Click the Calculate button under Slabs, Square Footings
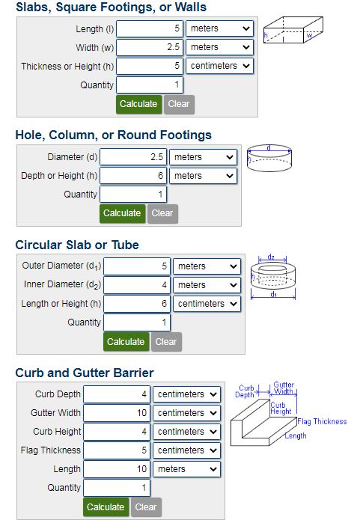(x=138, y=104)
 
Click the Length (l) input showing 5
(x=149, y=28)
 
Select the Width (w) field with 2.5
(x=149, y=47)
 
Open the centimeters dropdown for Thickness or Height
(x=219, y=66)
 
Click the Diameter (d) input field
(x=133, y=157)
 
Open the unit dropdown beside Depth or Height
(x=203, y=176)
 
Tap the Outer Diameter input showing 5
(x=137, y=266)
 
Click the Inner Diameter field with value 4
(x=137, y=285)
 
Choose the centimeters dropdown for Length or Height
(x=207, y=304)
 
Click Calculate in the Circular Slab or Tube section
(x=126, y=342)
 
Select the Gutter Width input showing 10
(x=117, y=413)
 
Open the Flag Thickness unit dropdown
(x=186, y=450)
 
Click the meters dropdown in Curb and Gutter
(x=186, y=469)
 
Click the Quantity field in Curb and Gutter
(x=117, y=488)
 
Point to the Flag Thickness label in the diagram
(x=322, y=421)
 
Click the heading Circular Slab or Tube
(x=77, y=245)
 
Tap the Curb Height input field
(x=117, y=432)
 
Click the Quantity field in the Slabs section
(x=149, y=85)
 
